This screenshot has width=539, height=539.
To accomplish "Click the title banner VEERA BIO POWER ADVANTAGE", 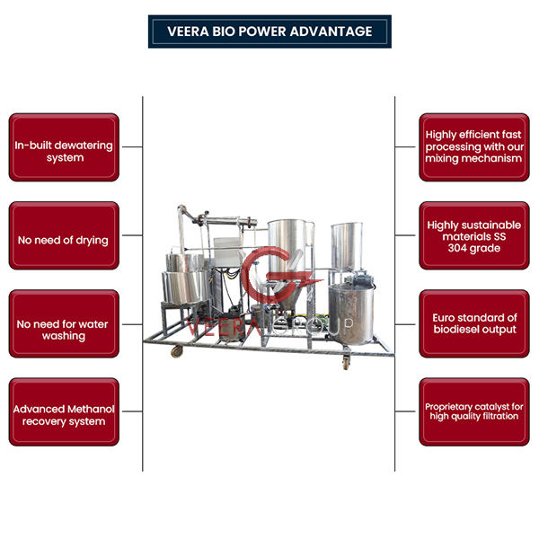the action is [269, 31].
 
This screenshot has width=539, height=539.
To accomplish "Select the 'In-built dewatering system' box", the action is [64, 146].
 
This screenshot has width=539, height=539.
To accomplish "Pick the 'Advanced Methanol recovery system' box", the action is [64, 412].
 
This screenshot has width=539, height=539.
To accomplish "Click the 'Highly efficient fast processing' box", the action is [473, 146].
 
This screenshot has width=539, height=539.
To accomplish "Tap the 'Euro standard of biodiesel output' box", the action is [473, 324].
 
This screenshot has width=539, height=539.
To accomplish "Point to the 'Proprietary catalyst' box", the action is [473, 412].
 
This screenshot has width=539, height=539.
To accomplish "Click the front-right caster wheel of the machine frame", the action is [344, 362].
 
